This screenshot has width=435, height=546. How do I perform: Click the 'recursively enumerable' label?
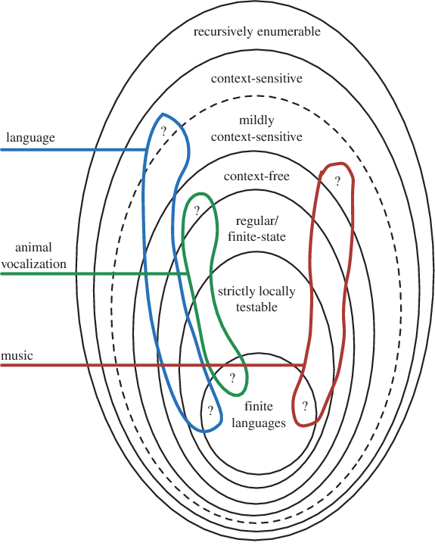(256, 32)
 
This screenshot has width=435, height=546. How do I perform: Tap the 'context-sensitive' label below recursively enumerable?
(256, 78)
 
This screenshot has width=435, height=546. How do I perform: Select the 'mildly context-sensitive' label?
(256, 129)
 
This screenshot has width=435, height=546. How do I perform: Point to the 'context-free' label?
(256, 176)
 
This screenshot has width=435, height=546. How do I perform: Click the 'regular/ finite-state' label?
(256, 229)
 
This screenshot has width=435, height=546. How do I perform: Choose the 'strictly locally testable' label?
(256, 299)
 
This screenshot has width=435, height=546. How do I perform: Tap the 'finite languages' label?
(259, 415)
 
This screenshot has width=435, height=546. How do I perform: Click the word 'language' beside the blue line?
(30, 138)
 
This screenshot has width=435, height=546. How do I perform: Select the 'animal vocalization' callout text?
(33, 256)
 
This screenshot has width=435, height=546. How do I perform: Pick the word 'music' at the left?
(17, 355)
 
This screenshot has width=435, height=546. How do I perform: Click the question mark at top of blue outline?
(163, 131)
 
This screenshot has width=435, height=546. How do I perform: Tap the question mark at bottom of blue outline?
(210, 411)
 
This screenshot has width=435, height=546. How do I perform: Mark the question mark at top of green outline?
(197, 211)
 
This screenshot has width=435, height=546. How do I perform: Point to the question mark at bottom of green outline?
(232, 378)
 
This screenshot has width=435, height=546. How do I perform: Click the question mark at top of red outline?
(337, 181)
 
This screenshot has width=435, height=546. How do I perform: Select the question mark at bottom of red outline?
(305, 406)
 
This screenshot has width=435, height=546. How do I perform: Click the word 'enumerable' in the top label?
(289, 32)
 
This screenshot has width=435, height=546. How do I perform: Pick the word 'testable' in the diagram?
(256, 307)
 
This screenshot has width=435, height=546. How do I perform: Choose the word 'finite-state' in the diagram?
(256, 237)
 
